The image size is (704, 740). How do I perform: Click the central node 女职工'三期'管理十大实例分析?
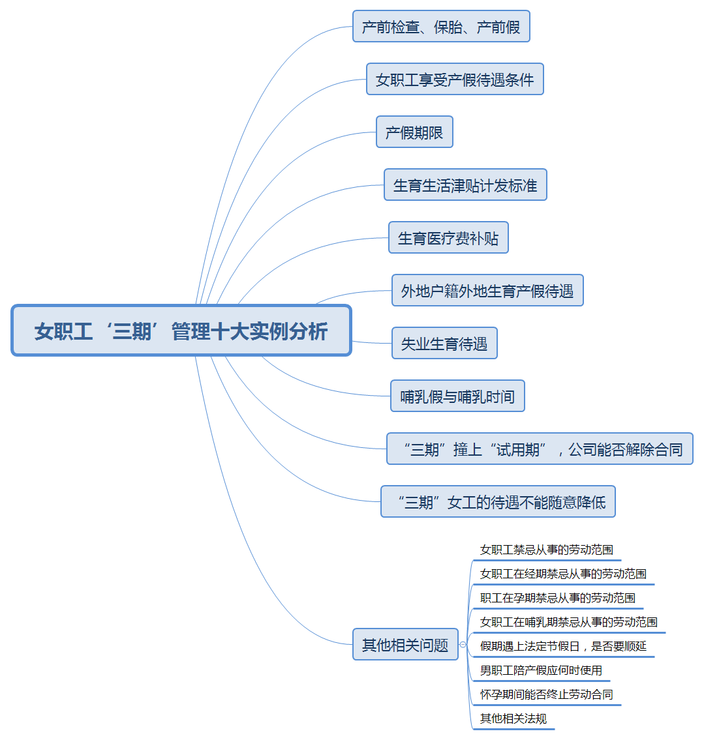[x=181, y=331]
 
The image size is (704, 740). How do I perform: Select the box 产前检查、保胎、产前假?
[x=441, y=27]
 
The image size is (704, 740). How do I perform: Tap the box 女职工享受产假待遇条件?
[x=455, y=80]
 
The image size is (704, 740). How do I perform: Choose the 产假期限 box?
[x=414, y=132]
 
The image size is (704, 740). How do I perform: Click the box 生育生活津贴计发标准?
[x=465, y=185]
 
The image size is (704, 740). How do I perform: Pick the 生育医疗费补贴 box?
[x=448, y=238]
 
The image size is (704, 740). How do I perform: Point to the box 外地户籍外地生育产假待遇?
[x=487, y=291]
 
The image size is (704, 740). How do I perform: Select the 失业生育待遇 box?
[x=444, y=344]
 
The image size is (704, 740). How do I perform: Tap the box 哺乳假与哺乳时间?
[x=457, y=396]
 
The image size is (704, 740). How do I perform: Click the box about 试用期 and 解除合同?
[x=540, y=449]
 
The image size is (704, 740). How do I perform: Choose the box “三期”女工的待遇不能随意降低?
[x=498, y=502]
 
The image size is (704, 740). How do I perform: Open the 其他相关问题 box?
[x=405, y=645]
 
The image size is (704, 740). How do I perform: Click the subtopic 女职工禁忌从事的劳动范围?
[x=547, y=550]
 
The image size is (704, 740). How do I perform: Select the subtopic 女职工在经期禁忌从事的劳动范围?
[x=563, y=574]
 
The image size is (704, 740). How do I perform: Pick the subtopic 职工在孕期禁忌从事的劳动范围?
[x=558, y=598]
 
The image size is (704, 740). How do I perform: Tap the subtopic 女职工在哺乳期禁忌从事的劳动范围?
[x=569, y=622]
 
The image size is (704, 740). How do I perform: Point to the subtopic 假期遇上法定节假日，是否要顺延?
[x=563, y=646]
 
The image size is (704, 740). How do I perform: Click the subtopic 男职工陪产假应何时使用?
[x=541, y=670]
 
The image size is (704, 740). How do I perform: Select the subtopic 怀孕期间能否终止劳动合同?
[x=547, y=694]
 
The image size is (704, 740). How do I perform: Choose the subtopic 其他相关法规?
[x=513, y=718]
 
